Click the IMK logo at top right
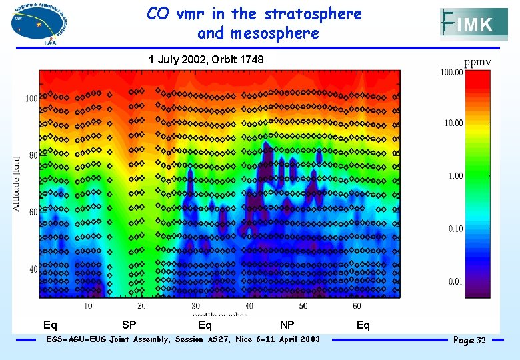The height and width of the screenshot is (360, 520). (x=473, y=25)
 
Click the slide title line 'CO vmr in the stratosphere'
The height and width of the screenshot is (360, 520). (x=254, y=14)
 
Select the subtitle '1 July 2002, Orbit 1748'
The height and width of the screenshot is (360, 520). (x=206, y=60)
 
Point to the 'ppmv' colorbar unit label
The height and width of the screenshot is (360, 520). (x=477, y=63)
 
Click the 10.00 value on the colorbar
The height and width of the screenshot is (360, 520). (x=453, y=123)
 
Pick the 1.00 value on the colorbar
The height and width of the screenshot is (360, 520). (x=455, y=176)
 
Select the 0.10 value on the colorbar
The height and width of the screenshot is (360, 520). (x=455, y=229)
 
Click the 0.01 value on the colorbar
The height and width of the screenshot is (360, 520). (x=455, y=281)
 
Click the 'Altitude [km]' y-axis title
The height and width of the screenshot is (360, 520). (x=17, y=184)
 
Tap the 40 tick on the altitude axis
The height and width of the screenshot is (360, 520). (x=32, y=269)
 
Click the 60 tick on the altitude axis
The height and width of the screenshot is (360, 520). (x=32, y=213)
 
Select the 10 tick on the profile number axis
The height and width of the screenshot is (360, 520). (x=88, y=306)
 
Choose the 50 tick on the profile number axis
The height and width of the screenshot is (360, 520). (x=303, y=306)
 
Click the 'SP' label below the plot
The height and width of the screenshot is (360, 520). (x=129, y=325)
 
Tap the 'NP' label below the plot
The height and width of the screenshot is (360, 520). (x=287, y=325)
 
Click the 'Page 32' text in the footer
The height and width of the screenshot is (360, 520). (x=469, y=341)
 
